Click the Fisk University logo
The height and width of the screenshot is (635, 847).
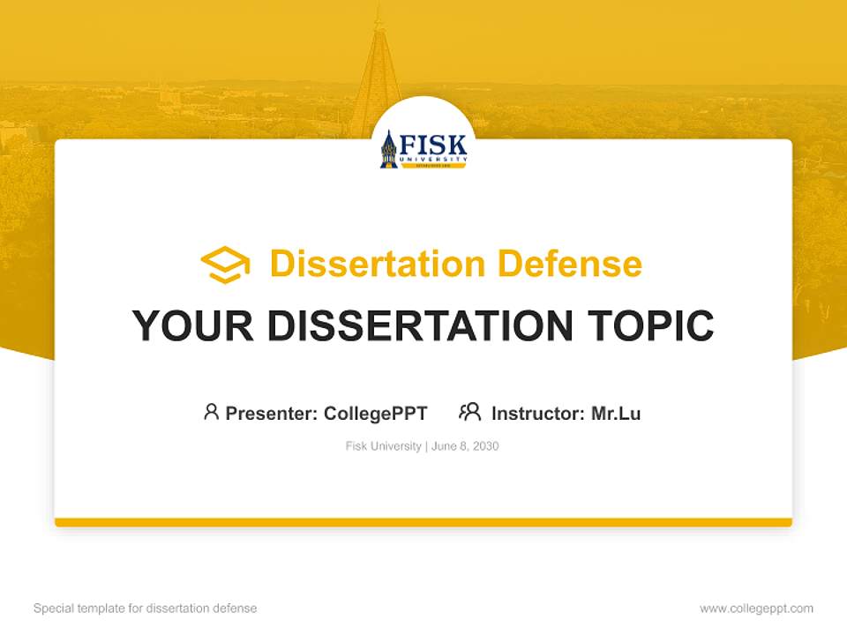tap(423, 150)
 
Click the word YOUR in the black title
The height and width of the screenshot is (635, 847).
tap(193, 325)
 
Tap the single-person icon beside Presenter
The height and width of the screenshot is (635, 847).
tap(211, 412)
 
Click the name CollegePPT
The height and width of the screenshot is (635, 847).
tap(376, 413)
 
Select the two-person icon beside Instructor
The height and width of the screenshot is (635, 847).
tap(469, 412)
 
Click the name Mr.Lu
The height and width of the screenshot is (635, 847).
tap(616, 413)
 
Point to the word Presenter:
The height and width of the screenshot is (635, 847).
tap(272, 413)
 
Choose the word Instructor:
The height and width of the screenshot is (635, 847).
tap(538, 413)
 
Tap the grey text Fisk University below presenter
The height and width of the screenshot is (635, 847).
tap(383, 446)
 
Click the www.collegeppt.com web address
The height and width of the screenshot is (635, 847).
tap(756, 609)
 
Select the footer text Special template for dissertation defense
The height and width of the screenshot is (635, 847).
tap(145, 609)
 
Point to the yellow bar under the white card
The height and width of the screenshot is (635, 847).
tap(423, 522)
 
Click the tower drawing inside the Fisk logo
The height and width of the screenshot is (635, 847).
tap(389, 151)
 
